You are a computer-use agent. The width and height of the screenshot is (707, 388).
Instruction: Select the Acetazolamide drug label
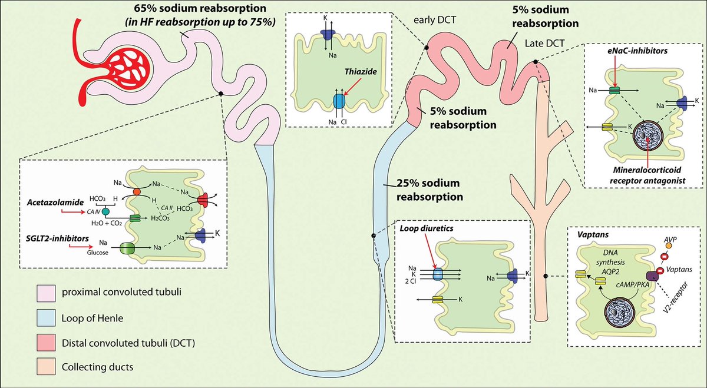[52, 201]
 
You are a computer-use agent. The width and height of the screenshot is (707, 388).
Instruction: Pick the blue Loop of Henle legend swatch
[45, 319]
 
